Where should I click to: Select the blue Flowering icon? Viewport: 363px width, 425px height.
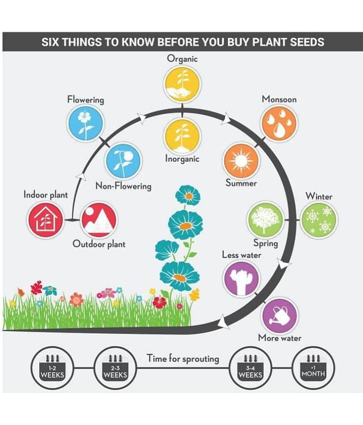85,123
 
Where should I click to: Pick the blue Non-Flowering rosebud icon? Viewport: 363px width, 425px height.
123,161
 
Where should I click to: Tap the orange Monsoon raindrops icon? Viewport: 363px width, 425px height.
278,123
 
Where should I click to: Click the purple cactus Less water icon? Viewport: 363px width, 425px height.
241,279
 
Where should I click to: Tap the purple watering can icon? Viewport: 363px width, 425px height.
280,316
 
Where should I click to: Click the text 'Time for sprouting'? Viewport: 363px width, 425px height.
182,359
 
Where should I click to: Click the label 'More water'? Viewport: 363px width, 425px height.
280,338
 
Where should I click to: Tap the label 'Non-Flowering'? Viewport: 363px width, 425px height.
123,186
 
